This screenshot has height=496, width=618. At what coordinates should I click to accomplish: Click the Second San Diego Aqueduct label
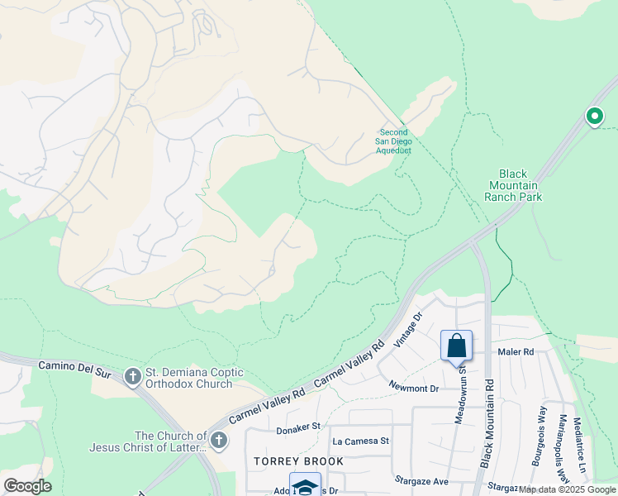point(394,141)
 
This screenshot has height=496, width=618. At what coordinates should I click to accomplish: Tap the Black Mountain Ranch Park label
point(512,185)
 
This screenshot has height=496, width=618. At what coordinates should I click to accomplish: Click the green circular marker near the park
point(594,117)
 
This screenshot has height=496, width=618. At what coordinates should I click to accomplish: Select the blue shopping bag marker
point(456,346)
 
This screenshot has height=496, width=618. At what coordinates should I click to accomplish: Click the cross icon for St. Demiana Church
point(132,377)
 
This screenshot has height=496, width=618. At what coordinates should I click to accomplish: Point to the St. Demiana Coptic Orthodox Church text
point(193,378)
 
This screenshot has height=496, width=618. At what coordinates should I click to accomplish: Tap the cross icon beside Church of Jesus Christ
point(218,441)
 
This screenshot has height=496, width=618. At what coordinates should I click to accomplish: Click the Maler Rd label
point(516,352)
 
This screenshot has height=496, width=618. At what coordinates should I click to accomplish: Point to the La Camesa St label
point(359,441)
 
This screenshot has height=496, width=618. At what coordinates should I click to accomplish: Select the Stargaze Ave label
point(421,480)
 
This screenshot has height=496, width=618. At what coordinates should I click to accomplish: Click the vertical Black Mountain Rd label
point(489,423)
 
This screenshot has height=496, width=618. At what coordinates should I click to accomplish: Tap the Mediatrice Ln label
point(582,442)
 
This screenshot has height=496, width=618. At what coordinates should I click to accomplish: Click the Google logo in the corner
point(27,485)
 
